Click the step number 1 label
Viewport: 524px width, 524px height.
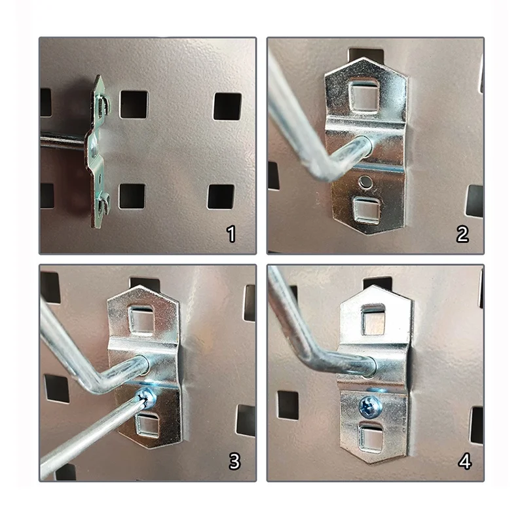231,234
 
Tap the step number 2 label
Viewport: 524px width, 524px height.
462,234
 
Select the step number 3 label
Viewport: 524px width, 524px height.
234,461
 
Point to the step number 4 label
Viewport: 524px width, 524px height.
465,462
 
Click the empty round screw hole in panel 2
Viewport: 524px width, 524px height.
365,181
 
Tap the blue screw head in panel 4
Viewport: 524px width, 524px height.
371,406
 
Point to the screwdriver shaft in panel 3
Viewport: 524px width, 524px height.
91,434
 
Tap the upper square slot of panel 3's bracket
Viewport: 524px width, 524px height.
141,319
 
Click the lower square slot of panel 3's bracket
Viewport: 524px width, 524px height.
147,424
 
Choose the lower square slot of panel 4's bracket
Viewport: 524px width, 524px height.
371,437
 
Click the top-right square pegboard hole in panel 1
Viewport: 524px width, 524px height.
227,107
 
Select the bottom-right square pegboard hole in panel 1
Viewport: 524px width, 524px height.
221,196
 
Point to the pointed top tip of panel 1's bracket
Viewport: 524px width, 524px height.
99,75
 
